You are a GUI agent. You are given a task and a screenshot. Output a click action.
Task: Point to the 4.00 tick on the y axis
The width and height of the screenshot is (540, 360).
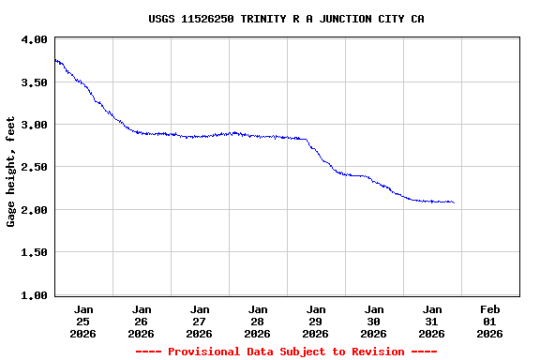[34, 39]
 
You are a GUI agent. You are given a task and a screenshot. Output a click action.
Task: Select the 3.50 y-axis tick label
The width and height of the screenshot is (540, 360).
[34, 82]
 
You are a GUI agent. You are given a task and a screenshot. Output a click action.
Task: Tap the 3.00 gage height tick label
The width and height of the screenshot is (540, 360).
[34, 125]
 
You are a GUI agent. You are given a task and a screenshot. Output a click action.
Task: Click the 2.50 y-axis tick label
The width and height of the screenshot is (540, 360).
[34, 167]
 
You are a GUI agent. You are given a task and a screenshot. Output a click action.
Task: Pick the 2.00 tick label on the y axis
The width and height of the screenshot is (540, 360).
[34, 210]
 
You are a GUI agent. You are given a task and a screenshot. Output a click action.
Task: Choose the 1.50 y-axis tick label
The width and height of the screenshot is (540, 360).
[34, 252]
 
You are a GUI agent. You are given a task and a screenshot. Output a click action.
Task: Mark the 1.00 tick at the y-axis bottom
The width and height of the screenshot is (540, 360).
[34, 295]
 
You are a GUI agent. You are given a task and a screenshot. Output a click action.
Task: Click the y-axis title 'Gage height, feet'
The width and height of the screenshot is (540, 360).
[11, 172]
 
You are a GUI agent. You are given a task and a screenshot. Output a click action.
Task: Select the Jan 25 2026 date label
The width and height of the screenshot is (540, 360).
[83, 321]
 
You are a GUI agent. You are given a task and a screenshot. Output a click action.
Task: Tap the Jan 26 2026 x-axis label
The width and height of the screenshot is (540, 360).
[142, 321]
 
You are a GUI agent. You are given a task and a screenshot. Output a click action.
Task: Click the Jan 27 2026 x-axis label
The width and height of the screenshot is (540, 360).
[200, 321]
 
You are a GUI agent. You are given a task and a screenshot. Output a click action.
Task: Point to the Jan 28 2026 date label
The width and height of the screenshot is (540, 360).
[258, 321]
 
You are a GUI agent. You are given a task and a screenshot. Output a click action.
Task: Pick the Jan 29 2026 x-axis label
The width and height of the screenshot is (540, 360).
[316, 321]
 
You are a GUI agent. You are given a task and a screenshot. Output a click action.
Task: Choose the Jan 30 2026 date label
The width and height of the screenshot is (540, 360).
[374, 321]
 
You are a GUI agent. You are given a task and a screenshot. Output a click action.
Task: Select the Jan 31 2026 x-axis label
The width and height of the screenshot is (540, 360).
[432, 321]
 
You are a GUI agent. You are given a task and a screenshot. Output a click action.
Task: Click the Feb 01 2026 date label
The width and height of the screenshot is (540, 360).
[490, 321]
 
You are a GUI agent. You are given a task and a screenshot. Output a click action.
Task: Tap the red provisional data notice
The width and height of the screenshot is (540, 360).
[286, 352]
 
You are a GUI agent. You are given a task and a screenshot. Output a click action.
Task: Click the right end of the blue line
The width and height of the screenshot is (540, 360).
[454, 202]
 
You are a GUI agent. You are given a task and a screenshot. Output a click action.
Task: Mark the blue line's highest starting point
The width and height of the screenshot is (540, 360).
[55, 60]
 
